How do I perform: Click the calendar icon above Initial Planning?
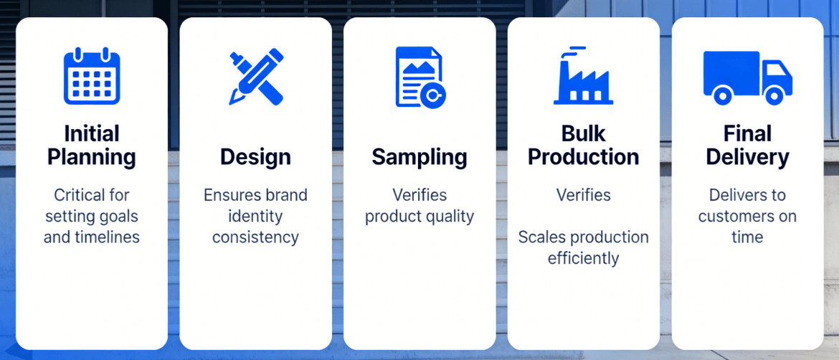pos(92,76)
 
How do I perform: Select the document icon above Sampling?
pos(420,77)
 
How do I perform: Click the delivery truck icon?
pos(747,78)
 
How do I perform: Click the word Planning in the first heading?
pos(92,157)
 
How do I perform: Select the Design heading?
pos(256,157)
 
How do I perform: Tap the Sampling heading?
pos(419,157)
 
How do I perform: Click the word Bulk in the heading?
pos(583,133)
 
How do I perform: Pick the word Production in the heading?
pos(583,157)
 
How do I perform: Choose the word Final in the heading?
pos(747,133)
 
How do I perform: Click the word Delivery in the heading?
pos(747,157)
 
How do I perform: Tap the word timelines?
pos(109,237)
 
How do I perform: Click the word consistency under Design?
pos(256,237)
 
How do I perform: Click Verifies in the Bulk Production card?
pos(583,195)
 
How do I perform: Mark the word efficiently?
pos(583,258)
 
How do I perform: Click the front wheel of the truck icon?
pos(774,96)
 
